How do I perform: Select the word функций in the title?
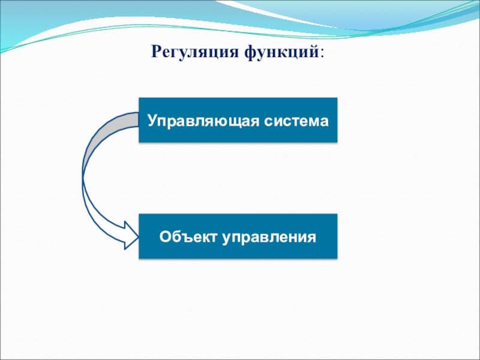tap(281, 52)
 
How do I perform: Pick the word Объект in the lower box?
tap(188, 236)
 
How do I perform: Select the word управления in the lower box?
tap(269, 238)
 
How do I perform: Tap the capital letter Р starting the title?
tap(156, 52)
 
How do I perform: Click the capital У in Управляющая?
tap(153, 121)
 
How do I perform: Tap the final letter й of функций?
tap(314, 50)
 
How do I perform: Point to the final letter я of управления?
tap(311, 238)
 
